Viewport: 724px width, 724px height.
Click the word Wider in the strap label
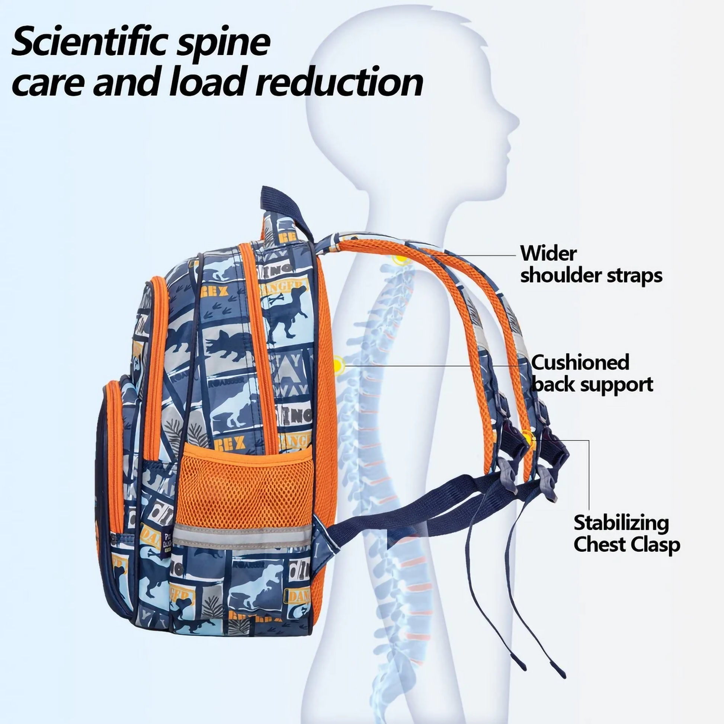548,254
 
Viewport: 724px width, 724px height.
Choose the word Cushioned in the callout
580,362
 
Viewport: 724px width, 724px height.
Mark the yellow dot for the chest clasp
528,438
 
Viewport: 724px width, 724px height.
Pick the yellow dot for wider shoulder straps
401,259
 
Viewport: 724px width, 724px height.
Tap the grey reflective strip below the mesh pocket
242,536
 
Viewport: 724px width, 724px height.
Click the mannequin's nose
518,122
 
